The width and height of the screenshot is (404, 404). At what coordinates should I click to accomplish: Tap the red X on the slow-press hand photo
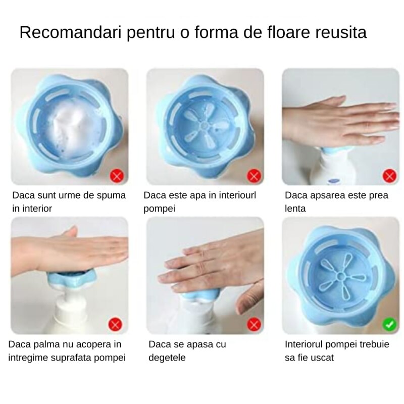tap(388, 176)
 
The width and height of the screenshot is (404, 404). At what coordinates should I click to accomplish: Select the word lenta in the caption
tap(295, 208)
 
